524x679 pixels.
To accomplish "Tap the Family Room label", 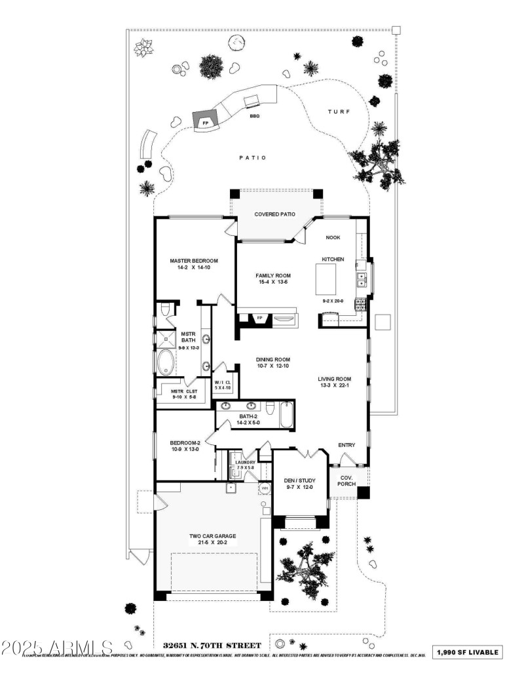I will click(273, 275).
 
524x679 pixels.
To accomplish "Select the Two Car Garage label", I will click(213, 535).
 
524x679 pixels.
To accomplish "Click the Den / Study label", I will click(300, 480).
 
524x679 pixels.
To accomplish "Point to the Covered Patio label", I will click(274, 214).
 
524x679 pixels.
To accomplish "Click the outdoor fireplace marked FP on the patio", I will click(205, 122).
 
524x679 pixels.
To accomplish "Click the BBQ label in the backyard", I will click(254, 116).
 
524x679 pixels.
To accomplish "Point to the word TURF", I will click(339, 112).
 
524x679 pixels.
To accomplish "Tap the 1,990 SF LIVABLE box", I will click(469, 652).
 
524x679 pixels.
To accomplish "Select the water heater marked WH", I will click(265, 488).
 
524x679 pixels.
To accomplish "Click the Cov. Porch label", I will click(346, 480).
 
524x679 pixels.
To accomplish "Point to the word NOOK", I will click(335, 238).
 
